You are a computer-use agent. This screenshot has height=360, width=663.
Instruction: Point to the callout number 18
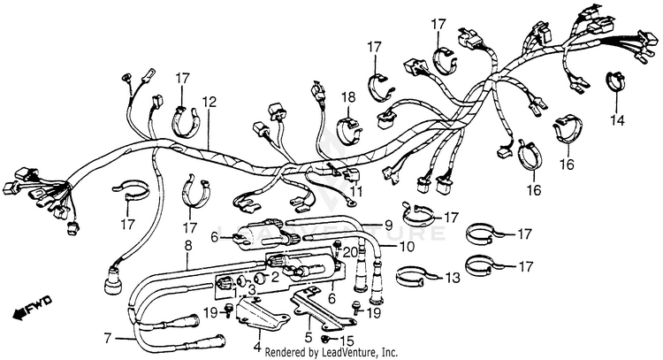pyautogui.click(x=348, y=96)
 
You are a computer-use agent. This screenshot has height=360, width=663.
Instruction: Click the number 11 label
pyautogui.click(x=355, y=191)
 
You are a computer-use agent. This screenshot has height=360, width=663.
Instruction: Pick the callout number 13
pyautogui.click(x=453, y=278)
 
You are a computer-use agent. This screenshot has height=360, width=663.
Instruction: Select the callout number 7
pyautogui.click(x=109, y=338)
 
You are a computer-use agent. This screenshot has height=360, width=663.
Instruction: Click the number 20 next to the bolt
pyautogui.click(x=350, y=251)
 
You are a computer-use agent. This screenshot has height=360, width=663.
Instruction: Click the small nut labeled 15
pyautogui.click(x=326, y=338)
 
